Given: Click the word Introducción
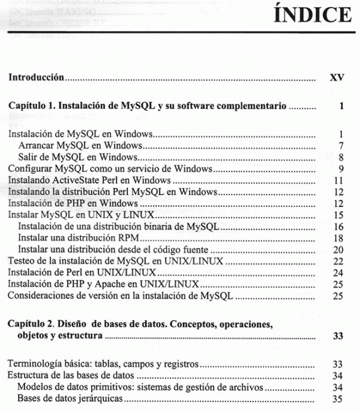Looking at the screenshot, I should [x=36, y=78].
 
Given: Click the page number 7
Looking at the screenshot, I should [x=340, y=145].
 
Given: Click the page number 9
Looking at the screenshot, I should [x=340, y=168].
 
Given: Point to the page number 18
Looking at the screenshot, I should [x=338, y=238].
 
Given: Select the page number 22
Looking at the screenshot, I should [x=338, y=261].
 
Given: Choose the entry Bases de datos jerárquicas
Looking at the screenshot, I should [x=70, y=399].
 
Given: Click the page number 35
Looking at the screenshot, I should [x=338, y=399].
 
